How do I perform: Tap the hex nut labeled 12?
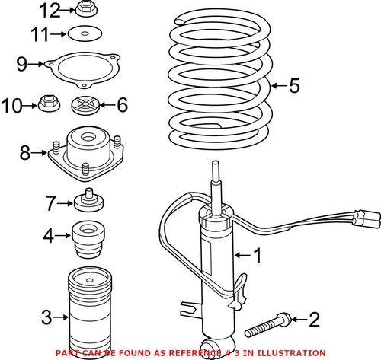[x=85, y=10]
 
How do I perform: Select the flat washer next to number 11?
[x=85, y=33]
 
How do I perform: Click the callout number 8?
[x=24, y=153]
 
